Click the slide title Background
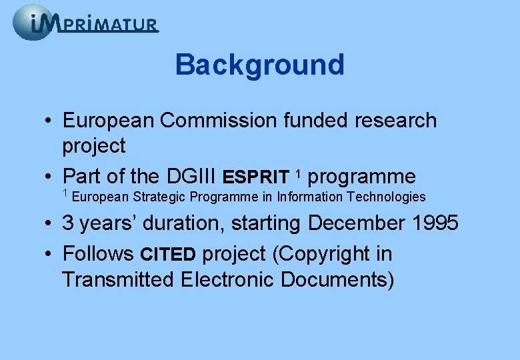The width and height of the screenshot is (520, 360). (259, 65)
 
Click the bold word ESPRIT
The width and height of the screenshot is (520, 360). (256, 177)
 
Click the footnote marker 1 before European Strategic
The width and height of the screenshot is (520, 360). (65, 194)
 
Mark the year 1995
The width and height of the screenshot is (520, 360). (434, 223)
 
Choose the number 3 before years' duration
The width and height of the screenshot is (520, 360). (68, 223)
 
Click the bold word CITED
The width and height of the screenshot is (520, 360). (167, 255)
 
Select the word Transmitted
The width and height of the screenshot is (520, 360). (117, 279)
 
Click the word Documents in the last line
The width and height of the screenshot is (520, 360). (337, 279)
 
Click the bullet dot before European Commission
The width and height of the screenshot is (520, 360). (50, 121)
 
